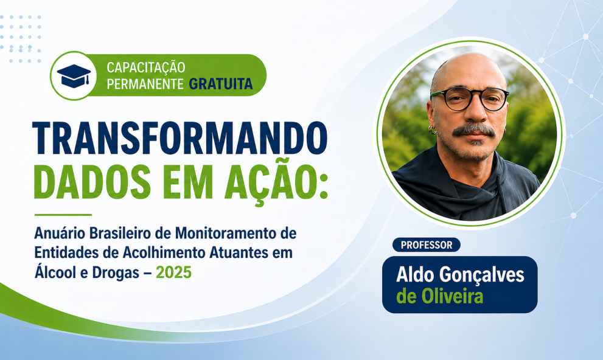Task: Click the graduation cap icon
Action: (74, 75)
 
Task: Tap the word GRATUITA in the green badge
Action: (220, 84)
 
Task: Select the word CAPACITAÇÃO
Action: (146, 67)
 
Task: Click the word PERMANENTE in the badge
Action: (145, 84)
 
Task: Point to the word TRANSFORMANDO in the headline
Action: (180, 138)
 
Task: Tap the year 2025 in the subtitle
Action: (173, 273)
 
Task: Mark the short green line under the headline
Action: (63, 215)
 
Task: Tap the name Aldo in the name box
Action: (414, 275)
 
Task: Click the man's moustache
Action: (473, 130)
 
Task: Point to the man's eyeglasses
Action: (469, 99)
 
